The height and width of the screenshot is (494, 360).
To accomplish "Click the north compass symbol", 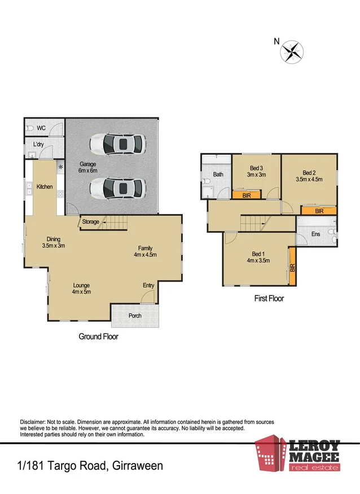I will pos(291,51).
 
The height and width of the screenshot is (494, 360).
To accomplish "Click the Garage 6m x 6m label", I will pos(87,167).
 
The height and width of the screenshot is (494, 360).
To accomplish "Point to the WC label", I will pos(41,128).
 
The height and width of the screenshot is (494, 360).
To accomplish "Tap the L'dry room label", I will pos(38,145).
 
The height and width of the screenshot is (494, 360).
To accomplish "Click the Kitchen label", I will pos(45,186).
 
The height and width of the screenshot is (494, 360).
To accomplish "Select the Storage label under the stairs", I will pos(90,222).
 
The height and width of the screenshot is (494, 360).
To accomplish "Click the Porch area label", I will pos(135,316).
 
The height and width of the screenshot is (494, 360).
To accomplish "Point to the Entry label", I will pos(148,286).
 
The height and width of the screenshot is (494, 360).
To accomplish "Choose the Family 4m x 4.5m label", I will pos(144,251).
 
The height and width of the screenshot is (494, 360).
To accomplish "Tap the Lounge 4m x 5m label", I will pos(81,288).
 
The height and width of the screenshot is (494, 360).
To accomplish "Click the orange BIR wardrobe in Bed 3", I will pos(247,195).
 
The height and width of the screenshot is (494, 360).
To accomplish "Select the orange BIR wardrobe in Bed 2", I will pos(319,211).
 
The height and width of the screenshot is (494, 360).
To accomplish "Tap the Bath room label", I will pos(218,174).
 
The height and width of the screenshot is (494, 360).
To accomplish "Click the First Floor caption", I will pos(269,299).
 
